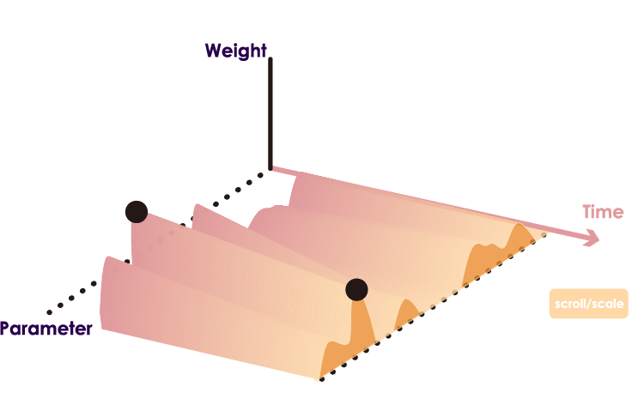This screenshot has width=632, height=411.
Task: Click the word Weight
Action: (235, 51)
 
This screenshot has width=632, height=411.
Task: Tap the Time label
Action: (603, 212)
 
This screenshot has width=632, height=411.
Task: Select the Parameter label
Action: (46, 329)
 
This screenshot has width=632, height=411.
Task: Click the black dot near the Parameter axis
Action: (136, 211)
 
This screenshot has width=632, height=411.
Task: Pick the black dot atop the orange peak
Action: (356, 289)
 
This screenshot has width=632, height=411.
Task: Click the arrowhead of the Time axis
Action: (592, 239)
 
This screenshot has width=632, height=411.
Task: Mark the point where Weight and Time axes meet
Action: (270, 169)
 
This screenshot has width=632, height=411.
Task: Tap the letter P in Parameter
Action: (5, 329)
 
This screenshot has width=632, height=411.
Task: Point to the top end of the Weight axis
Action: (270, 59)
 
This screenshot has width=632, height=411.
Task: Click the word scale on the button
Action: (605, 304)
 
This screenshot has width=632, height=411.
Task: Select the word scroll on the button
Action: (570, 304)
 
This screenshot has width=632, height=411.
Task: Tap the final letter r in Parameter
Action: (88, 329)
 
